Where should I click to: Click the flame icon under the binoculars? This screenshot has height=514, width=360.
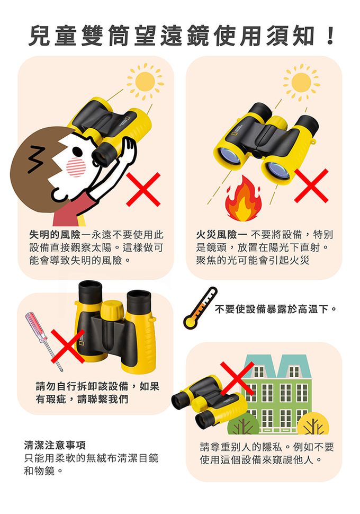coord(243,198)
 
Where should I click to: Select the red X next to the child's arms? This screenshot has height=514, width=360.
coord(143,190)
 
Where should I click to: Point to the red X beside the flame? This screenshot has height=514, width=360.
coord(311,185)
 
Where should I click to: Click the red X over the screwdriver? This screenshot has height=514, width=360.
coord(68,346)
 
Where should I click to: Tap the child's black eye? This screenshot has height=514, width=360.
coord(77,151)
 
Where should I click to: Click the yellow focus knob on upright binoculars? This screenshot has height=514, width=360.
coord(112,309)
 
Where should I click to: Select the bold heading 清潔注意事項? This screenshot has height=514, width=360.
coord(55,445)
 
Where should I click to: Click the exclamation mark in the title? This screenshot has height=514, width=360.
coord(330,36)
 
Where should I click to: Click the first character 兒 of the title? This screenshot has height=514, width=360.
coord(40,36)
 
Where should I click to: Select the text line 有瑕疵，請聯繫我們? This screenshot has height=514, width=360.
coord(82,399)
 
